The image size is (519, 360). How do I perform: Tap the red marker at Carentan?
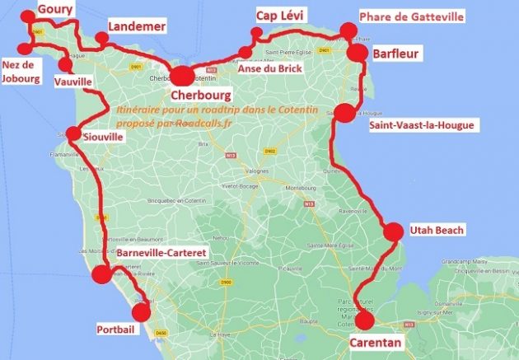364,320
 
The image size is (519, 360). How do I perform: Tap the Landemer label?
138,27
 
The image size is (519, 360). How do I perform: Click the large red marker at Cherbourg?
182,76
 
